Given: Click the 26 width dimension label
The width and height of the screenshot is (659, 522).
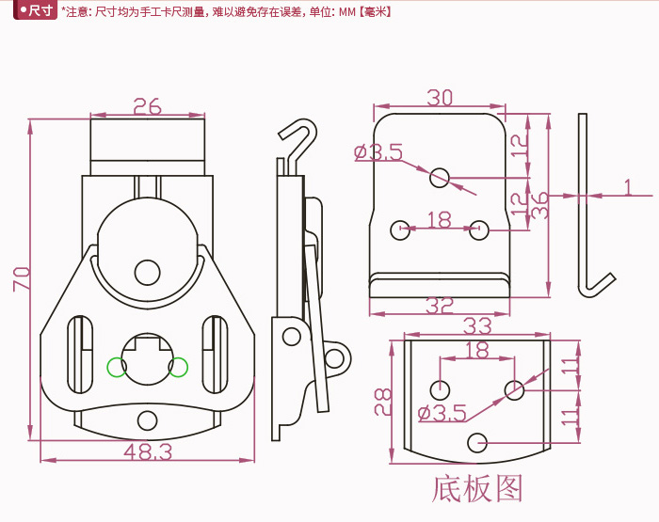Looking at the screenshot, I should [x=147, y=105].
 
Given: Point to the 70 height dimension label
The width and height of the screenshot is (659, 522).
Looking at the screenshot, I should [x=21, y=278].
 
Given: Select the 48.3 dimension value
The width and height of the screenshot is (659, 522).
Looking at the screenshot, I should [x=148, y=452].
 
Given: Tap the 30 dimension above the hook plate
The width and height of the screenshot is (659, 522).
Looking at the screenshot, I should [x=440, y=98].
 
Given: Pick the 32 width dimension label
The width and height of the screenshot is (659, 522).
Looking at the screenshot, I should [x=441, y=306].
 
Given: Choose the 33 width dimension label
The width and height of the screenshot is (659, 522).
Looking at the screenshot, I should [x=478, y=326].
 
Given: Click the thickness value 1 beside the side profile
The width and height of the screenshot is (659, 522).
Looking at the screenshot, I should [x=628, y=188].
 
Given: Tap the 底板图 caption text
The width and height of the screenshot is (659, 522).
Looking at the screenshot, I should [x=477, y=489].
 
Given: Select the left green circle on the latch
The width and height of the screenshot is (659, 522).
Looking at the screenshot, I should [x=116, y=367].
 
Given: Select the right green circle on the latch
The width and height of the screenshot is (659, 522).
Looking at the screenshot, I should [x=178, y=367].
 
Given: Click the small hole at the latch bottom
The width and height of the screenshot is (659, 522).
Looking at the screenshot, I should [x=147, y=419].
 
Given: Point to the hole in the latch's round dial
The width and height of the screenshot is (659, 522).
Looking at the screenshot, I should [x=147, y=272].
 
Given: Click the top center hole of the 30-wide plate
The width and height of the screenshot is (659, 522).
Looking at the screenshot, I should [x=440, y=176].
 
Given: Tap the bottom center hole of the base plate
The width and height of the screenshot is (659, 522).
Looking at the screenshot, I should [x=477, y=440].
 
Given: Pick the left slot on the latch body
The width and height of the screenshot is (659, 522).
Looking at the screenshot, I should [x=80, y=357].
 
